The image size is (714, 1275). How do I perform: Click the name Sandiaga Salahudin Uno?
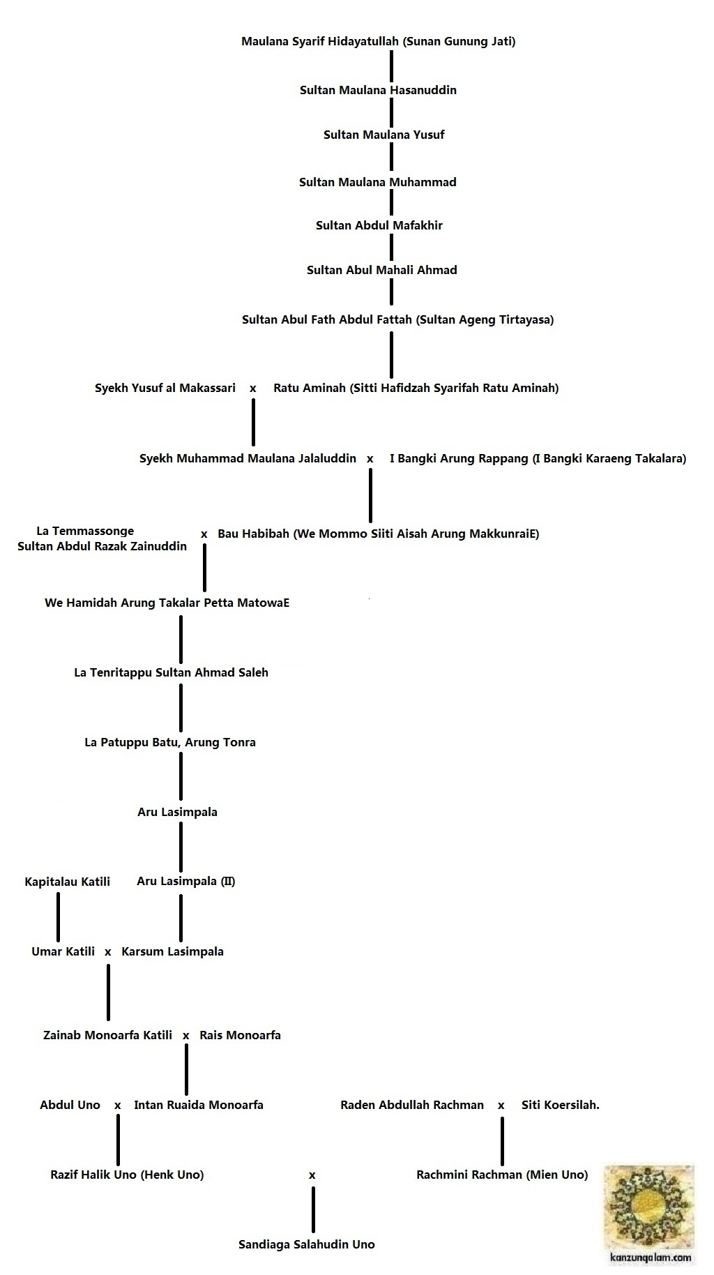pos(306,1244)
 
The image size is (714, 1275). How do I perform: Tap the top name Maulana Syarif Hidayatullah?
pos(378,41)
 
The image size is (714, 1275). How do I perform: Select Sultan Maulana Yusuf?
pos(383,135)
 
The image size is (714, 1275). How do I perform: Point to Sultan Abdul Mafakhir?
pos(379,225)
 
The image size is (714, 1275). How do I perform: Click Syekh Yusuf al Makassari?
pos(165,388)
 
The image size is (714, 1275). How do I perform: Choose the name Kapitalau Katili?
pos(67,882)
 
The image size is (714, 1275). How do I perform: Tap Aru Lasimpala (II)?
pos(186,882)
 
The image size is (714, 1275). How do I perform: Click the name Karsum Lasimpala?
pos(172,951)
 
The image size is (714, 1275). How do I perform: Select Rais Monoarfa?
pos(240,1035)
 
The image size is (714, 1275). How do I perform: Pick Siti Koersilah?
pos(561,1105)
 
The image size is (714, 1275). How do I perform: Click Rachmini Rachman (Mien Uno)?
pos(502,1175)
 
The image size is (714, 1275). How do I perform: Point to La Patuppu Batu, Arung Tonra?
pos(170,742)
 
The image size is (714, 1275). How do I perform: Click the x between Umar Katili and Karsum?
pos(108,952)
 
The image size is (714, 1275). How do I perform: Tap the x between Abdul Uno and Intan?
pos(118,1106)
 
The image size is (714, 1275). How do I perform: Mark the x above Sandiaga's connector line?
pos(312,1175)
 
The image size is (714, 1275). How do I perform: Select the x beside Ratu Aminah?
pos(253,388)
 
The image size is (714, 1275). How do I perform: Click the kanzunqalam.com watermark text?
pos(651,1258)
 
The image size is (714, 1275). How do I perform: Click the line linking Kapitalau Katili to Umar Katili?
pos(58,916)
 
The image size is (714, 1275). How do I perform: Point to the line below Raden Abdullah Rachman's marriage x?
pos(501,1140)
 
